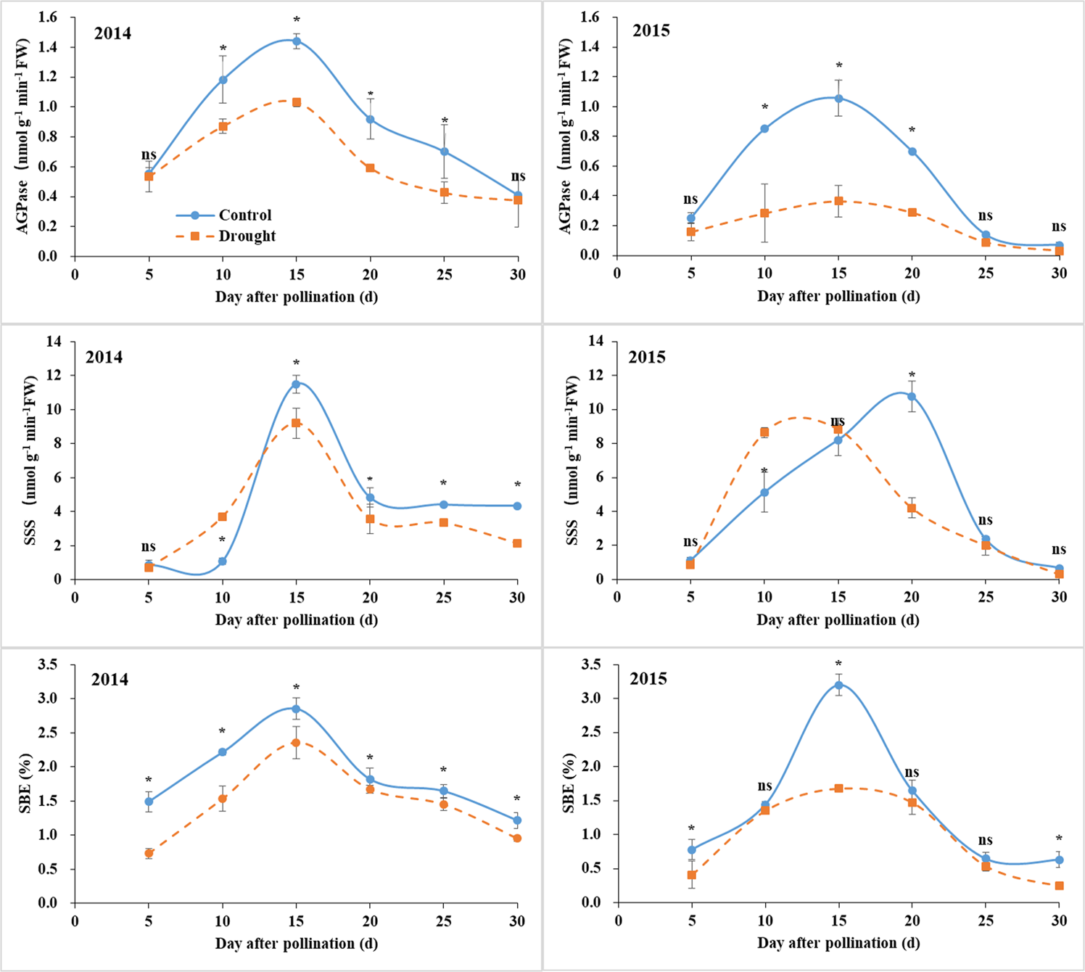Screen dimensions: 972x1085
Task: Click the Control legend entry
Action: pos(244,215)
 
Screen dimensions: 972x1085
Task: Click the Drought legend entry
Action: pos(247,236)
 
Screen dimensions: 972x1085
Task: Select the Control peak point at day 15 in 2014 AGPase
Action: pos(297,41)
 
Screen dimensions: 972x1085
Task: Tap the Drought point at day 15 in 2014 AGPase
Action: pos(297,102)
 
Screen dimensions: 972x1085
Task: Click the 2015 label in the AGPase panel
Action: pos(651,30)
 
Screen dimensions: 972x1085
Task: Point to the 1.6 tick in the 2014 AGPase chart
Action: pos(47,17)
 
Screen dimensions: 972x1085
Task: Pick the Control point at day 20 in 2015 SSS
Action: pos(912,397)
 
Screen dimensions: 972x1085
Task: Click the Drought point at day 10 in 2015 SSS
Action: pos(764,432)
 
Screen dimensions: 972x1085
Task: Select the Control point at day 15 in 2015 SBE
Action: pos(838,685)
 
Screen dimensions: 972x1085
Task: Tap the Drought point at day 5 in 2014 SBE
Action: pos(149,853)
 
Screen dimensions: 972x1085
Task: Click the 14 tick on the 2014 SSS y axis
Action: pos(54,342)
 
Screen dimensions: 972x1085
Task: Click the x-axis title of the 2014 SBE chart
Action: pos(296,944)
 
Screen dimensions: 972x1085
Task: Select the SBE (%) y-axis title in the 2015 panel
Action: pos(571,783)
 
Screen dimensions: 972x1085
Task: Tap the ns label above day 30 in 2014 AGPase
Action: pos(518,176)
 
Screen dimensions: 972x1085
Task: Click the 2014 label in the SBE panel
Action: pos(110,680)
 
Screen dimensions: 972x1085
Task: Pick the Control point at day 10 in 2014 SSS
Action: pos(223,561)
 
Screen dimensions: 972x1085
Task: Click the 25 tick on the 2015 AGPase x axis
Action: pos(986,273)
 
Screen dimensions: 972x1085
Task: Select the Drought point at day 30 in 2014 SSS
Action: pos(517,543)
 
